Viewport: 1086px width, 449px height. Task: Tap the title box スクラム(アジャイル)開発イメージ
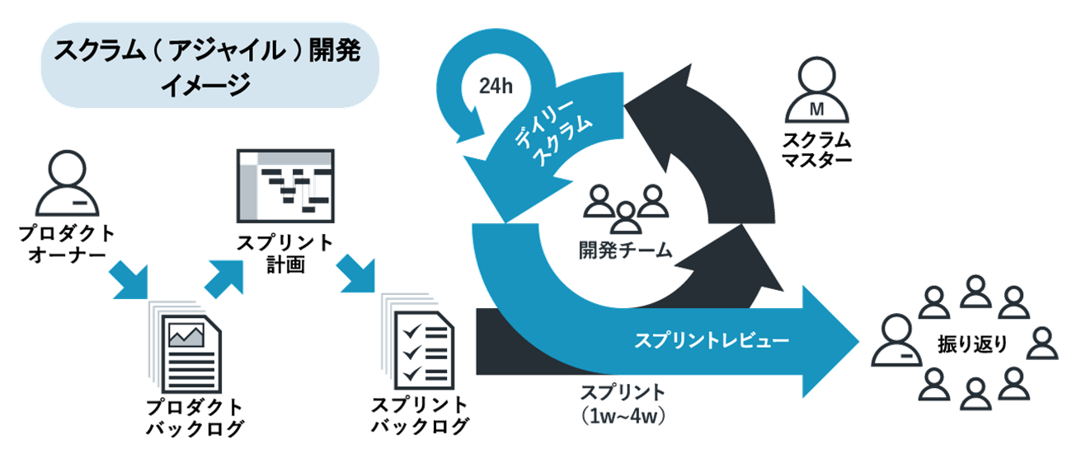pyautogui.click(x=209, y=67)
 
